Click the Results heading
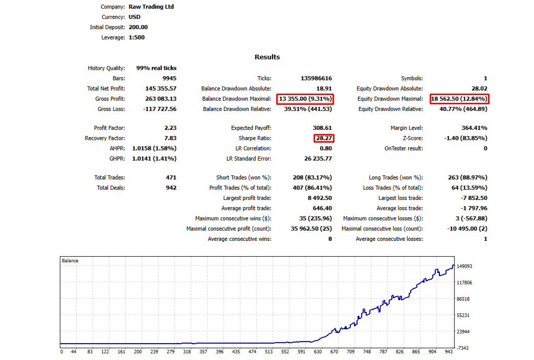(267, 57)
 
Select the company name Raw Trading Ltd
(151, 7)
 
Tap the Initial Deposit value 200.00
(138, 27)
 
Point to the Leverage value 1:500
(137, 37)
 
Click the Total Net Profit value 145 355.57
(161, 88)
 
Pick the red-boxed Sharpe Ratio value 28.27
(324, 138)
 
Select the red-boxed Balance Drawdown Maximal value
(305, 99)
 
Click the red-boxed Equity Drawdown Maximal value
(459, 99)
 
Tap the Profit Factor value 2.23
(170, 128)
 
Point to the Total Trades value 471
(171, 177)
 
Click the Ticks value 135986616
(316, 78)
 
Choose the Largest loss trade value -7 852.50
(474, 198)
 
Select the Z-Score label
(413, 138)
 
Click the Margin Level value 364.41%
(474, 128)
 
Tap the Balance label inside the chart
(70, 261)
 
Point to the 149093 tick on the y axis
(464, 266)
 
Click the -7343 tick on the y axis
(463, 348)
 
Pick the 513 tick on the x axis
(269, 351)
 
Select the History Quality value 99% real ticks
(157, 68)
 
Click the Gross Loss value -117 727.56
(160, 108)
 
